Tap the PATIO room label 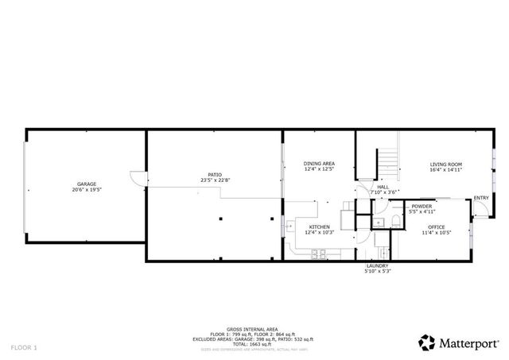(216, 174)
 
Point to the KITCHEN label (319, 226)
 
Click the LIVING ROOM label (446, 164)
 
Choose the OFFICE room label (437, 226)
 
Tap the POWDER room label (422, 207)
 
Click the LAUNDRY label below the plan (377, 265)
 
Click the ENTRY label (481, 197)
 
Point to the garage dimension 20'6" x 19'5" (87, 190)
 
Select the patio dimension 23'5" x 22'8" (216, 180)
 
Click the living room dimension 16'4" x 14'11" (446, 169)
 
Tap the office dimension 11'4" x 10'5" (437, 232)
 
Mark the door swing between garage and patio (138, 179)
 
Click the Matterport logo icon (426, 343)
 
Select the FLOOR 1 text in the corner (24, 347)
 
